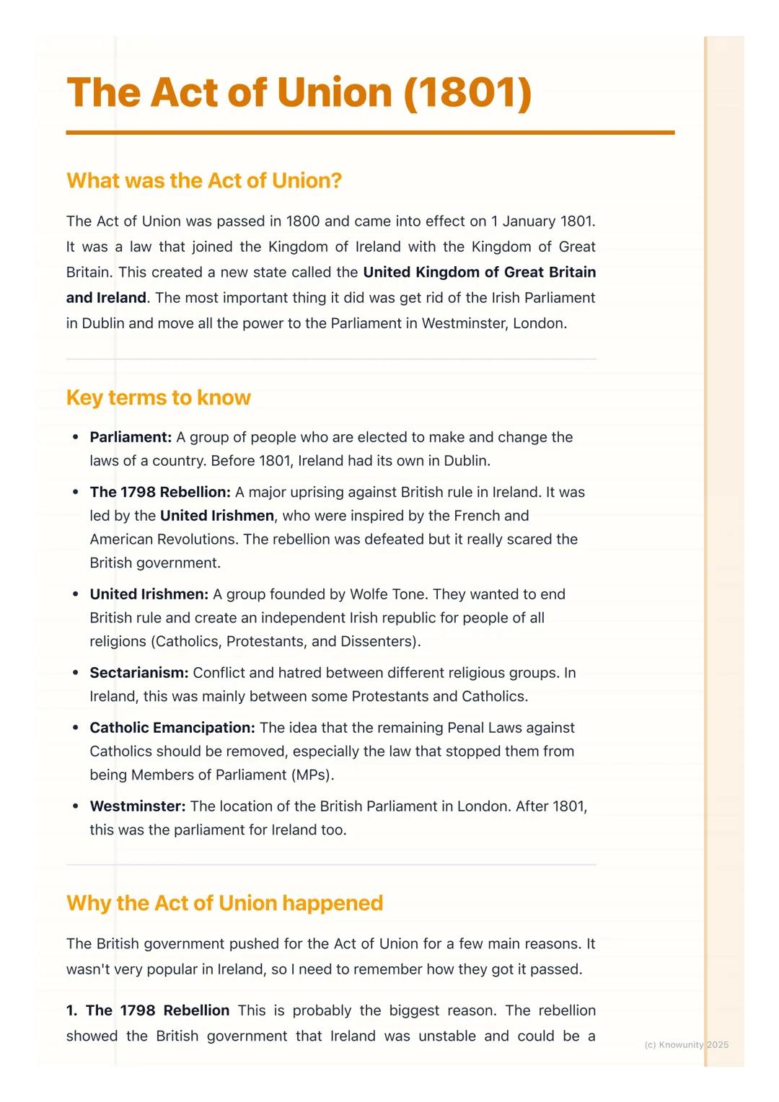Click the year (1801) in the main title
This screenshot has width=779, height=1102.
pos(467,93)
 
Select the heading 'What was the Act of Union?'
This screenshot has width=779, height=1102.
pos(204,180)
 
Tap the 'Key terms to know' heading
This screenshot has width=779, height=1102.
pos(158,397)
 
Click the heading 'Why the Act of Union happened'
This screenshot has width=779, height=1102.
pos(224,903)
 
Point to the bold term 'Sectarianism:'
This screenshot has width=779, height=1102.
pos(138,673)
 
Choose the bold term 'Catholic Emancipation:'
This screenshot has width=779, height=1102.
pos(172,728)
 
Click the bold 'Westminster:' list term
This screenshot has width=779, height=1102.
pos(137,806)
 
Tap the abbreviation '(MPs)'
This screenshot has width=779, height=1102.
pos(312,775)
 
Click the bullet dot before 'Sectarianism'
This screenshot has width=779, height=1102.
pos(75,673)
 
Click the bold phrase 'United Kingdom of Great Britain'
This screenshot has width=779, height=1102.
pos(479,272)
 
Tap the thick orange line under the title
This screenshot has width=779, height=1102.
pos(370,133)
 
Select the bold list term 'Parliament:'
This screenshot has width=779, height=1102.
pos(131,437)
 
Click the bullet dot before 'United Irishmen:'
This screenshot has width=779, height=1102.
pos(75,594)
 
